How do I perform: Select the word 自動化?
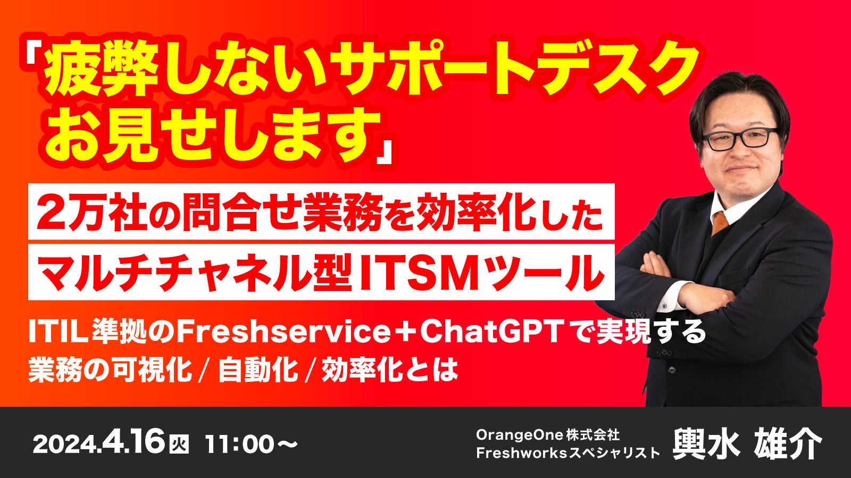[x=258, y=369]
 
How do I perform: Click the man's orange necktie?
[x=720, y=222]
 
